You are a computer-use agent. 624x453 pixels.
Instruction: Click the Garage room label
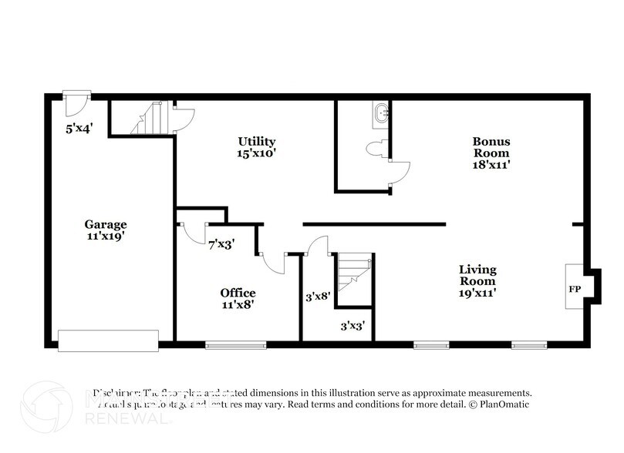coord(106,224)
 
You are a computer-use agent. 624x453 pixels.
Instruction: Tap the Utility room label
coord(257,141)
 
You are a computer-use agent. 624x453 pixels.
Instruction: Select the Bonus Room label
coord(491,142)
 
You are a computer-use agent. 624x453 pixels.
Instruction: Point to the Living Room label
coord(477,270)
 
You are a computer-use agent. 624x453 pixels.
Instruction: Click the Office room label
coord(238,293)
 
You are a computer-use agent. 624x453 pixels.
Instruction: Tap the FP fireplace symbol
coord(575,290)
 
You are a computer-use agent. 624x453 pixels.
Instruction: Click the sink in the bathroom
coord(380,115)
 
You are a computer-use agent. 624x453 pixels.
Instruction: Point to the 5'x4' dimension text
coord(79,129)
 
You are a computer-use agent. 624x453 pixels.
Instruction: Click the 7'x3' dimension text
coord(221,245)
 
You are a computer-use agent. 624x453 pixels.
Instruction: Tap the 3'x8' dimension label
coord(317,294)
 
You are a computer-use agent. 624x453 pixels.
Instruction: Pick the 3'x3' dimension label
coord(353,325)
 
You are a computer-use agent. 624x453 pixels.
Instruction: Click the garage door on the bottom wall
coord(108,341)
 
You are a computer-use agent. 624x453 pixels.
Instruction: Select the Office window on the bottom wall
coord(236,344)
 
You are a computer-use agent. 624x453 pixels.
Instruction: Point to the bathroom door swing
coord(400,173)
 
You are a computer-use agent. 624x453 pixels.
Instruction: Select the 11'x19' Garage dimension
coord(106,236)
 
